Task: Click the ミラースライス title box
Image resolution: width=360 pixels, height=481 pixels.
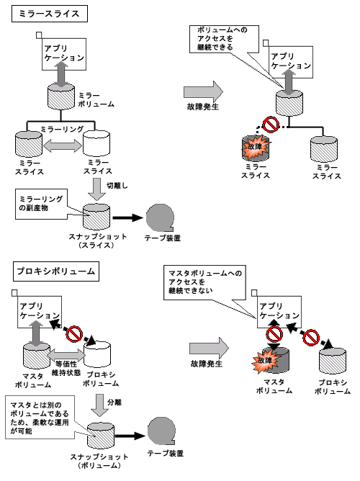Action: [50, 14]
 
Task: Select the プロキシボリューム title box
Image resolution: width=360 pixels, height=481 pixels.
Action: [56, 271]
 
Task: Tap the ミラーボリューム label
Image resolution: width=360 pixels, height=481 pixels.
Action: [96, 100]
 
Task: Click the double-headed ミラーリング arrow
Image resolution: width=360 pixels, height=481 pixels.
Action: [63, 145]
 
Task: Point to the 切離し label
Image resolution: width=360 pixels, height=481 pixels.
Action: [117, 186]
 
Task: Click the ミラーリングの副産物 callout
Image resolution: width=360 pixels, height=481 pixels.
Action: [41, 204]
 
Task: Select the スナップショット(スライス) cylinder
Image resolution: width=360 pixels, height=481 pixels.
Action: [96, 217]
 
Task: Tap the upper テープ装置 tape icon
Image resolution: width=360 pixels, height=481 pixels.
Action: [160, 217]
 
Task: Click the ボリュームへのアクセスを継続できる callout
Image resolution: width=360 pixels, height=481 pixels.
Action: [224, 40]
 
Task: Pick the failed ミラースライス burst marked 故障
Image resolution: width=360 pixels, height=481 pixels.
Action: [256, 147]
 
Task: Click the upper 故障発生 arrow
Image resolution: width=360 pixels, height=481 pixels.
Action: [203, 91]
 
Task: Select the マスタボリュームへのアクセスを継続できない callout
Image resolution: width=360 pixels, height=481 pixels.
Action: [204, 282]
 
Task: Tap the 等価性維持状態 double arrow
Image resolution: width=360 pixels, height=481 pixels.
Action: [67, 355]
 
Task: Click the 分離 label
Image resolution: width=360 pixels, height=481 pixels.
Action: [114, 403]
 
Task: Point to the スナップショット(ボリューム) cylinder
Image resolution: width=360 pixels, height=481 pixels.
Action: [101, 436]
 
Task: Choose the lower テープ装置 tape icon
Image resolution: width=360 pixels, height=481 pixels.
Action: [161, 431]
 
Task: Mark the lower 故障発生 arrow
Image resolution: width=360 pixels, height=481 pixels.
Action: [209, 349]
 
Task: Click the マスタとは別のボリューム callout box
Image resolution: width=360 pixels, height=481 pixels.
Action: [40, 417]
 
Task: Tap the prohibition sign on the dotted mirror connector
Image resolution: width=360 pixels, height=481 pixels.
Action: [271, 125]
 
